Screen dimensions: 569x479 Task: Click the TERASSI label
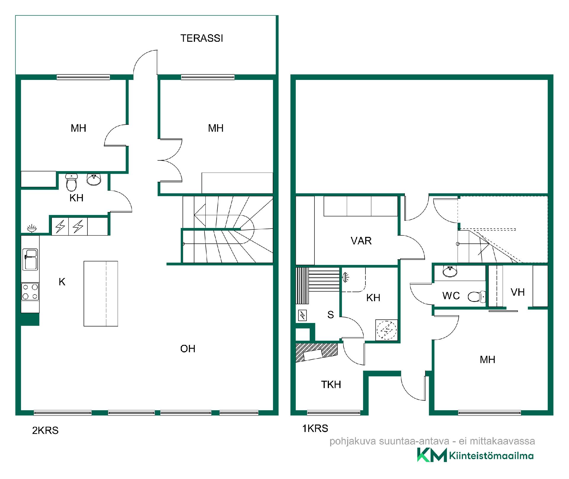(202, 38)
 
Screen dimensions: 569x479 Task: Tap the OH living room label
(188, 349)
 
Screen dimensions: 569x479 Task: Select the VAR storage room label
(361, 241)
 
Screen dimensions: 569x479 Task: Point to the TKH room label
(331, 385)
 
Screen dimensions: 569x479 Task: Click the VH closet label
(518, 292)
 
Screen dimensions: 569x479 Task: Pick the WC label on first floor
(451, 295)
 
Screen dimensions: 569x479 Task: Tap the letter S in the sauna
(331, 314)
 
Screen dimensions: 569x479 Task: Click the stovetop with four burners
(30, 292)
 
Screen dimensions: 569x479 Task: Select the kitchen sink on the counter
(30, 259)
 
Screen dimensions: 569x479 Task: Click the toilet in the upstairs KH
(71, 182)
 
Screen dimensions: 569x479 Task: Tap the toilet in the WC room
(477, 297)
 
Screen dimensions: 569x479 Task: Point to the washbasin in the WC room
(450, 271)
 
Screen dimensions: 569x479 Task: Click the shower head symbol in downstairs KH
(346, 277)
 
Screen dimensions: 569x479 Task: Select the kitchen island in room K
(101, 294)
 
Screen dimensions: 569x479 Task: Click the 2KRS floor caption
(45, 430)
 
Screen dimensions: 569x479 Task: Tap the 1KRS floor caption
(315, 428)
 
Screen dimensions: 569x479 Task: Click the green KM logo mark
(432, 455)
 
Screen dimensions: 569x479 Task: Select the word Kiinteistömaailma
(491, 456)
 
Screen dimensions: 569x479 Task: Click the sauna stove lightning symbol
(302, 316)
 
